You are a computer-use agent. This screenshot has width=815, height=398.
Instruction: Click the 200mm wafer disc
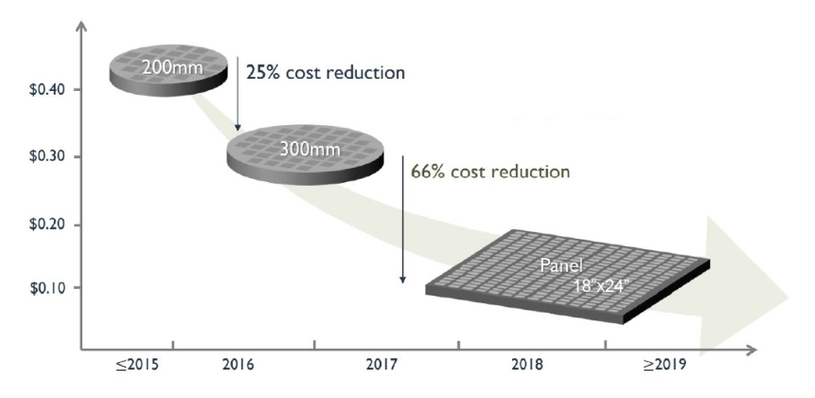pos(168,72)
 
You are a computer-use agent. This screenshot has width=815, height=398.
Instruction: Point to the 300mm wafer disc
pos(308,153)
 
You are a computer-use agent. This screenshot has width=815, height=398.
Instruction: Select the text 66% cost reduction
pos(490,172)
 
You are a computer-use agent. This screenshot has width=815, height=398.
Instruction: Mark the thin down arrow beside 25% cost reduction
pos(239,96)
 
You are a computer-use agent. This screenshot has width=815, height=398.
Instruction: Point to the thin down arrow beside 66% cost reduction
pos(403,218)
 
